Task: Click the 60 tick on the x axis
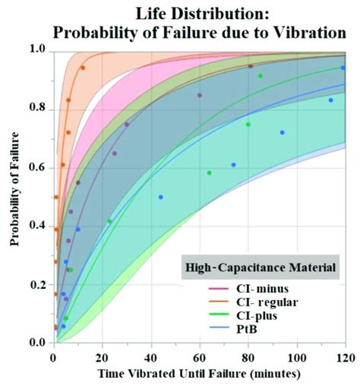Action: pyautogui.click(x=199, y=358)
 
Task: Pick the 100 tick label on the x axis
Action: pyautogui.click(x=296, y=358)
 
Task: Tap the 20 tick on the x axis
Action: pyautogui.click(x=102, y=358)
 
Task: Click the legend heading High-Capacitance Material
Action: pyautogui.click(x=261, y=267)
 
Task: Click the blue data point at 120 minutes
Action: pyautogui.click(x=343, y=68)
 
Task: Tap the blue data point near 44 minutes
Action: pyautogui.click(x=160, y=197)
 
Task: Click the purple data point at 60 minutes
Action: pyautogui.click(x=200, y=95)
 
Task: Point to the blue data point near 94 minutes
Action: pyautogui.click(x=283, y=132)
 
